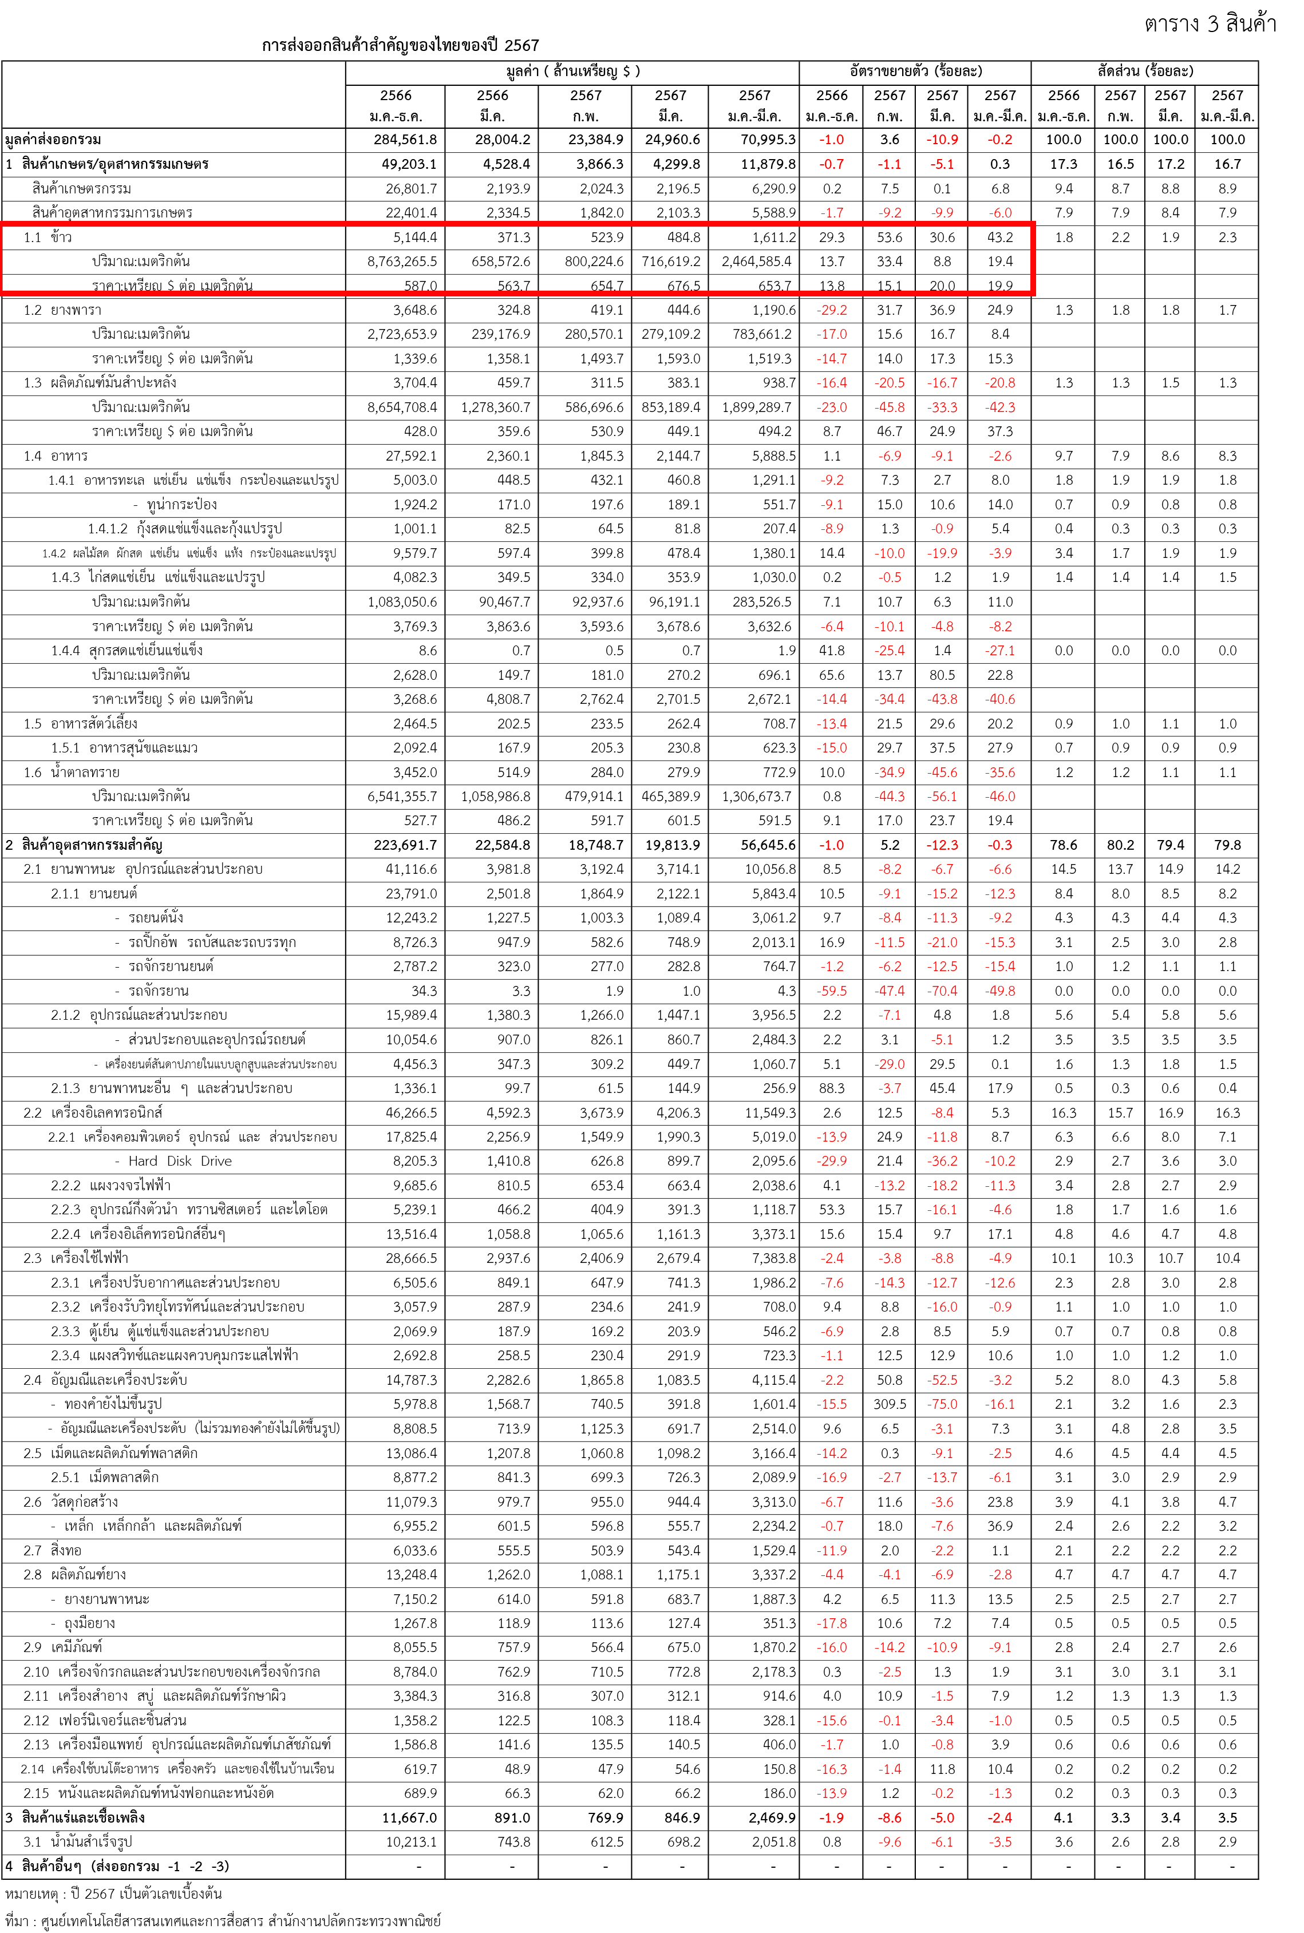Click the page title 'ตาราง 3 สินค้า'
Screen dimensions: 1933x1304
tap(1210, 23)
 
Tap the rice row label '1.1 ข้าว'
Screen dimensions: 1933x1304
tap(48, 237)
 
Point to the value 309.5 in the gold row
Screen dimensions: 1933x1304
tap(889, 1404)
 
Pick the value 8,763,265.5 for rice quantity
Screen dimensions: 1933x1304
tap(402, 261)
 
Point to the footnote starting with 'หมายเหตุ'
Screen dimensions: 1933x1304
tap(113, 1894)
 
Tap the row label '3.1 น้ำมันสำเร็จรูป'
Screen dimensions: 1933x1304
tap(78, 1843)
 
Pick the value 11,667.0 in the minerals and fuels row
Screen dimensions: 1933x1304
tap(409, 1817)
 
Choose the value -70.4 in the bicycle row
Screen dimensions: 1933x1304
tap(942, 991)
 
